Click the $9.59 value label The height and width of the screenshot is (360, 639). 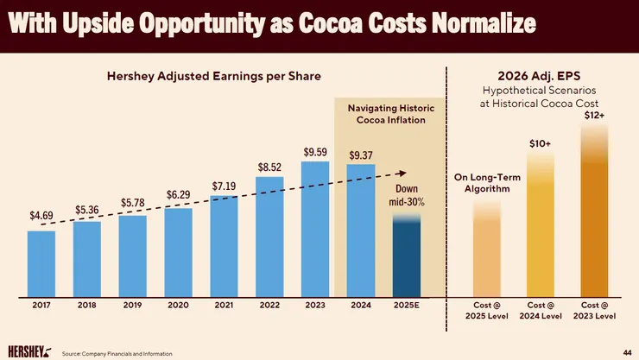[x=315, y=153]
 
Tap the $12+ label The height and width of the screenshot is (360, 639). [x=593, y=116]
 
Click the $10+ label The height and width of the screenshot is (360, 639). [x=541, y=142]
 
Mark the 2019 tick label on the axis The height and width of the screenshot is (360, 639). [x=132, y=305]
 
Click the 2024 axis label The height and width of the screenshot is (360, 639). [x=360, y=305]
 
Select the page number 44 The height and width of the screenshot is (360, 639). [x=626, y=351]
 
